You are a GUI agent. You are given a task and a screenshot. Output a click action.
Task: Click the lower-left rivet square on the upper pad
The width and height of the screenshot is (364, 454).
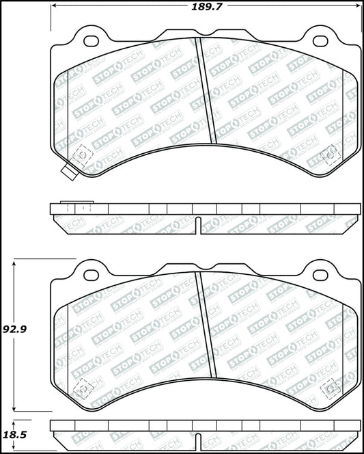tap(83, 155)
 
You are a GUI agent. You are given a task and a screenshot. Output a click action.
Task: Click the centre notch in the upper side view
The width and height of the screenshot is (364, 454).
tap(198, 224)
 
